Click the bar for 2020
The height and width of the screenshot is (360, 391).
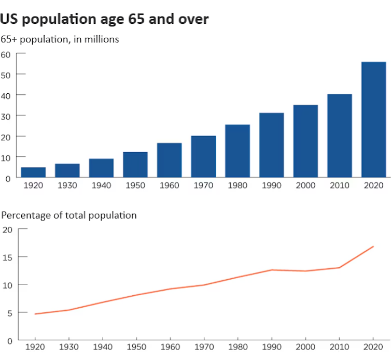click(373, 120)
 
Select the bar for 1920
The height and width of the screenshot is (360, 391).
click(33, 172)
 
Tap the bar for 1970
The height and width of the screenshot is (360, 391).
click(203, 156)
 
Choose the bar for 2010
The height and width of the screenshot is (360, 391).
click(340, 136)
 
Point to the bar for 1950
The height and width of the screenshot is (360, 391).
click(135, 165)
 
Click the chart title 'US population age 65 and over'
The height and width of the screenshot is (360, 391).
click(104, 20)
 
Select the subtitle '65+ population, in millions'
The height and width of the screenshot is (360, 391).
click(60, 39)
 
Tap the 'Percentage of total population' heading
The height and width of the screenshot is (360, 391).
click(68, 215)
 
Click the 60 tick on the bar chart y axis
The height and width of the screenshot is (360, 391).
click(6, 54)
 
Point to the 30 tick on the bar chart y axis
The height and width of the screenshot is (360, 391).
click(6, 116)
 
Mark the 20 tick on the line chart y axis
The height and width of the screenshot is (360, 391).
click(7, 229)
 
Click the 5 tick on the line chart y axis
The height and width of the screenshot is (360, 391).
click(9, 313)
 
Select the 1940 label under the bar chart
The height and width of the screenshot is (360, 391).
click(101, 185)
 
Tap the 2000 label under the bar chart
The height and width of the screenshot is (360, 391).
click(305, 185)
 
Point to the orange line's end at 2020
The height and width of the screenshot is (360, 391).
click(373, 247)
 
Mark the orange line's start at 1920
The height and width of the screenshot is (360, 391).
click(35, 314)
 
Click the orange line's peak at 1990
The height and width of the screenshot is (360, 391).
click(271, 270)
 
